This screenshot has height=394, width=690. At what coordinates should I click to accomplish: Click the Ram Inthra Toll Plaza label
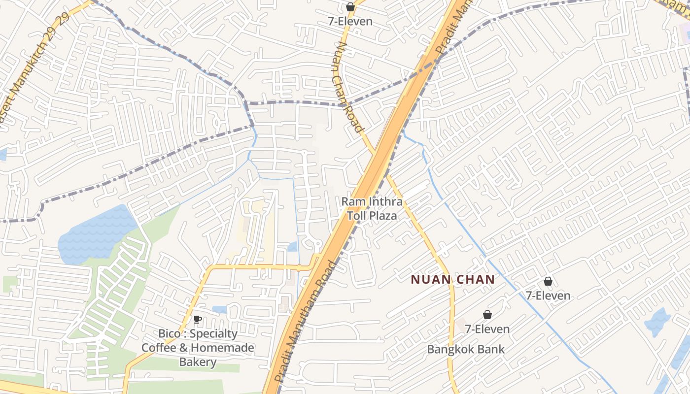coord(372,208)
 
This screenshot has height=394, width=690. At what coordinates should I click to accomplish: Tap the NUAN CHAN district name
coord(452,280)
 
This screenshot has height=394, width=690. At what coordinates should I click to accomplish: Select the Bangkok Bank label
coord(466,350)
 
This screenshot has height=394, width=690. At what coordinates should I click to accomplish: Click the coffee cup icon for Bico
coord(198,319)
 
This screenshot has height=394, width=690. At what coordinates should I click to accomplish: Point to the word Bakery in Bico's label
coord(198,362)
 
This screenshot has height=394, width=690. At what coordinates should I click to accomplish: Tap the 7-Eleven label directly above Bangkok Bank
coord(487,329)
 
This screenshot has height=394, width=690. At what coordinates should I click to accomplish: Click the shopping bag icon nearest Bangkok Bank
coord(487,315)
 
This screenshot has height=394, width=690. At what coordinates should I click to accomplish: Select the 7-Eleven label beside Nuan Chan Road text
coord(350,22)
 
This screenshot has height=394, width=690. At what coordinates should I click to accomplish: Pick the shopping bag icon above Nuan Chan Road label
coord(350,7)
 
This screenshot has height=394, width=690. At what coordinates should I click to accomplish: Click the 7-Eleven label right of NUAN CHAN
coord(548,296)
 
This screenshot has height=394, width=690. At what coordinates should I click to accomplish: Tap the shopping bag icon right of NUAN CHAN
coord(548,281)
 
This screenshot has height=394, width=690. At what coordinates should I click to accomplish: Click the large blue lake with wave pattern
coord(96,234)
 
